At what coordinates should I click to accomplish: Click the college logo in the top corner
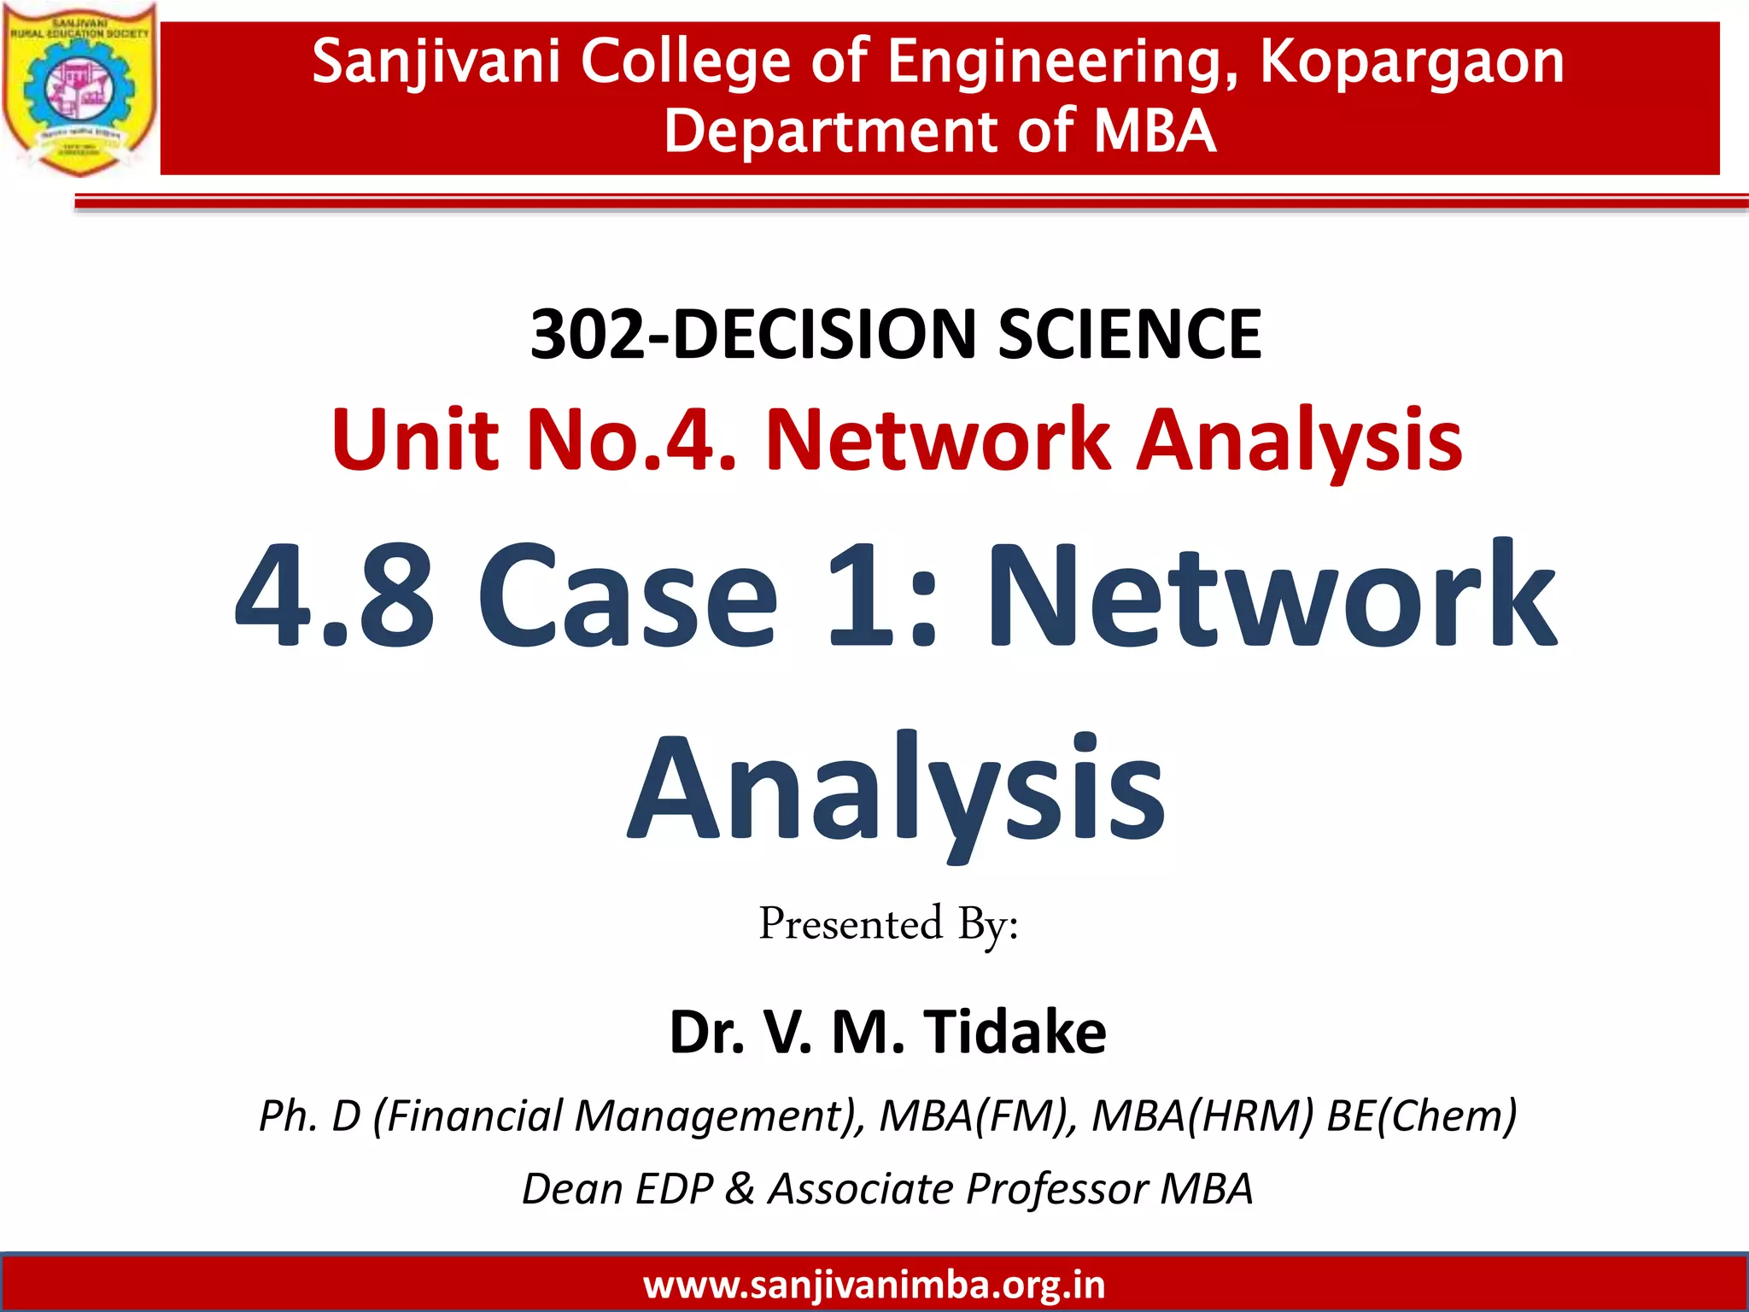click(79, 89)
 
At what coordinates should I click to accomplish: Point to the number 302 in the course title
click(588, 333)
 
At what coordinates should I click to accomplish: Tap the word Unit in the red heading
click(415, 439)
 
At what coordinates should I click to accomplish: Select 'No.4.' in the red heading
click(632, 439)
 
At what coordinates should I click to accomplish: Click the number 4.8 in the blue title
click(335, 595)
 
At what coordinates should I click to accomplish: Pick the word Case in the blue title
click(628, 595)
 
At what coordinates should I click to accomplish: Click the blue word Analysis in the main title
click(896, 790)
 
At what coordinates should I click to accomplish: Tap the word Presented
click(851, 924)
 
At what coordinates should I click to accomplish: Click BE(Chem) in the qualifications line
click(1421, 1116)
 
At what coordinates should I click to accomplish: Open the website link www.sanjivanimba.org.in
click(874, 1285)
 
